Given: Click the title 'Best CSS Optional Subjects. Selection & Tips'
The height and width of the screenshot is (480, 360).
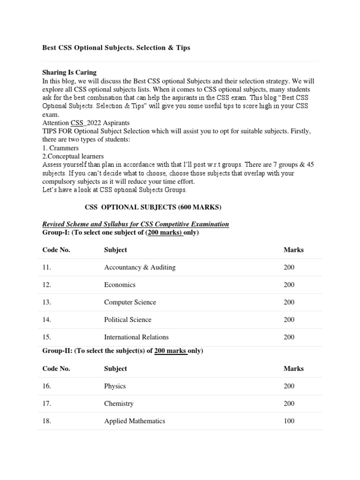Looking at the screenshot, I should [116, 48].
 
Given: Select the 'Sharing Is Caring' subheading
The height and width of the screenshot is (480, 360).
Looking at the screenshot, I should [69, 72].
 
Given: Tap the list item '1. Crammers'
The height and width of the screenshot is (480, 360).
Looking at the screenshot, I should [60, 148].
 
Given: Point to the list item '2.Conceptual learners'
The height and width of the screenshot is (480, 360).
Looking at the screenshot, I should [73, 156].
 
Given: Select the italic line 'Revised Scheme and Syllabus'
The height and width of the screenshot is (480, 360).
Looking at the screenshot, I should [135, 224].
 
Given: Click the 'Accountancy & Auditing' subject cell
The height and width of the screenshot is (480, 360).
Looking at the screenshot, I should [140, 267].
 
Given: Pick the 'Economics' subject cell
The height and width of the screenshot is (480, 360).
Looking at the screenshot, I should [120, 285].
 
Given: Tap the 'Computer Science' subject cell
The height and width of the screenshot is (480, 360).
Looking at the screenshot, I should [130, 302].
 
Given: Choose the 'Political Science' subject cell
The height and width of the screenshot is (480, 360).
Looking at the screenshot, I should [127, 320].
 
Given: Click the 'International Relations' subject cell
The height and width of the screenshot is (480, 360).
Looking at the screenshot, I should [136, 337].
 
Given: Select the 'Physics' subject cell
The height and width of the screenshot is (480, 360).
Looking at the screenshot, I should [115, 386].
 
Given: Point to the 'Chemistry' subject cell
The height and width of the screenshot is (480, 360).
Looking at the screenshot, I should [119, 404].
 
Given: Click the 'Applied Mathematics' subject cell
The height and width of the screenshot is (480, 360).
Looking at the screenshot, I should [135, 421].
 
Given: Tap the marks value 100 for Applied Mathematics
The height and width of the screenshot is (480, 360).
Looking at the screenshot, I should [289, 421].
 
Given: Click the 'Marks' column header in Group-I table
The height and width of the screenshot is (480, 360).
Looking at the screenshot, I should [293, 250].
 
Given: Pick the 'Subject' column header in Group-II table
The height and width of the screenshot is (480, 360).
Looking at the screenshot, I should [115, 368].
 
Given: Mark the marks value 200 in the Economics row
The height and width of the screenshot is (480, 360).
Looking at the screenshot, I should [289, 285].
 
